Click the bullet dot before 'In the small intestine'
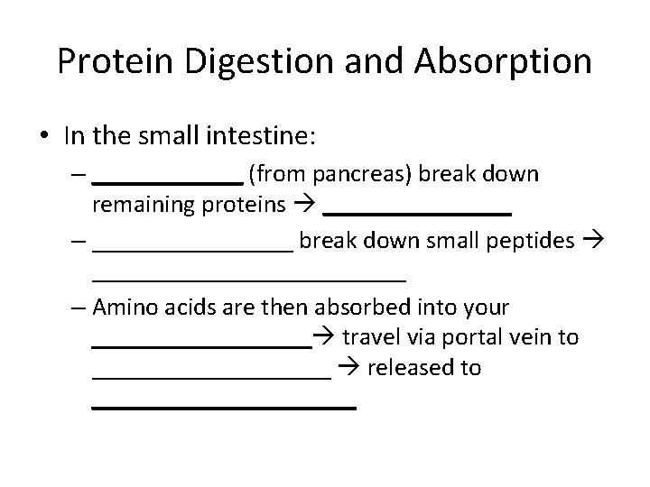coord(42,137)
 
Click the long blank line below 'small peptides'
coord(249,280)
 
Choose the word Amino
coord(125,307)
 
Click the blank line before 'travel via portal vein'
coord(200,346)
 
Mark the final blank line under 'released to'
coord(224,409)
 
